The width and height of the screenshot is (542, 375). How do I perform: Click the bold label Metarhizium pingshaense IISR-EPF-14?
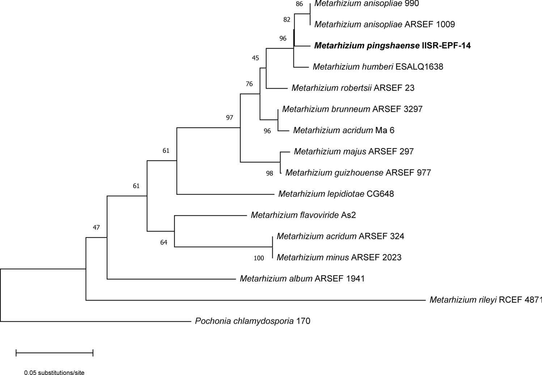click(x=393, y=46)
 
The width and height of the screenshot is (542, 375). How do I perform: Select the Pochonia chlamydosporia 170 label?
click(x=253, y=321)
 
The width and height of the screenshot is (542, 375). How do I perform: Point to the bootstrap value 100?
click(x=259, y=258)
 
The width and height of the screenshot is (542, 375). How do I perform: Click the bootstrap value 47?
click(x=96, y=228)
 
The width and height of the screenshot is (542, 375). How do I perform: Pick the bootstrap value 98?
click(x=270, y=173)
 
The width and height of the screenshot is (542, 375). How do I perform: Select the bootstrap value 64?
click(x=164, y=243)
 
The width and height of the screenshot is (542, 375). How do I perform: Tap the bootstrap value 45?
click(x=255, y=58)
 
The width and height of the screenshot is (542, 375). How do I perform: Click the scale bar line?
click(x=55, y=353)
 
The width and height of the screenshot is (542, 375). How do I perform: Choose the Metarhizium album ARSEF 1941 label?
click(x=302, y=279)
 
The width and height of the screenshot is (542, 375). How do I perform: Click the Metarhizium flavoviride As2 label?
click(x=303, y=215)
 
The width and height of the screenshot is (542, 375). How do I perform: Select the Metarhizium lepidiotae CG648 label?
click(x=336, y=194)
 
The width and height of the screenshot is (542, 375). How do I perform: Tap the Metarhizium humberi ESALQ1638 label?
click(x=378, y=67)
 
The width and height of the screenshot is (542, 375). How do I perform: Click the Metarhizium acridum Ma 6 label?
click(x=343, y=130)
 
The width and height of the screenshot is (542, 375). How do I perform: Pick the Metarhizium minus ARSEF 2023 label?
click(x=339, y=258)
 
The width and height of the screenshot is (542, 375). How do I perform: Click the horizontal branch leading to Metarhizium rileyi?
click(x=253, y=300)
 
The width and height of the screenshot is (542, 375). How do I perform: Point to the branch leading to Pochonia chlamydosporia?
click(x=94, y=321)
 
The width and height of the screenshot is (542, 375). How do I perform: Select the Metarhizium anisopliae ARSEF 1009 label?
click(x=385, y=25)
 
